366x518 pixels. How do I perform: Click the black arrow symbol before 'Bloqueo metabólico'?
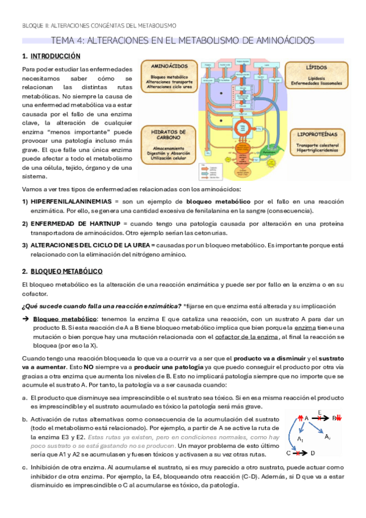25,319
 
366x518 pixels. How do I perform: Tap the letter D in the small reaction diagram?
312,453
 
